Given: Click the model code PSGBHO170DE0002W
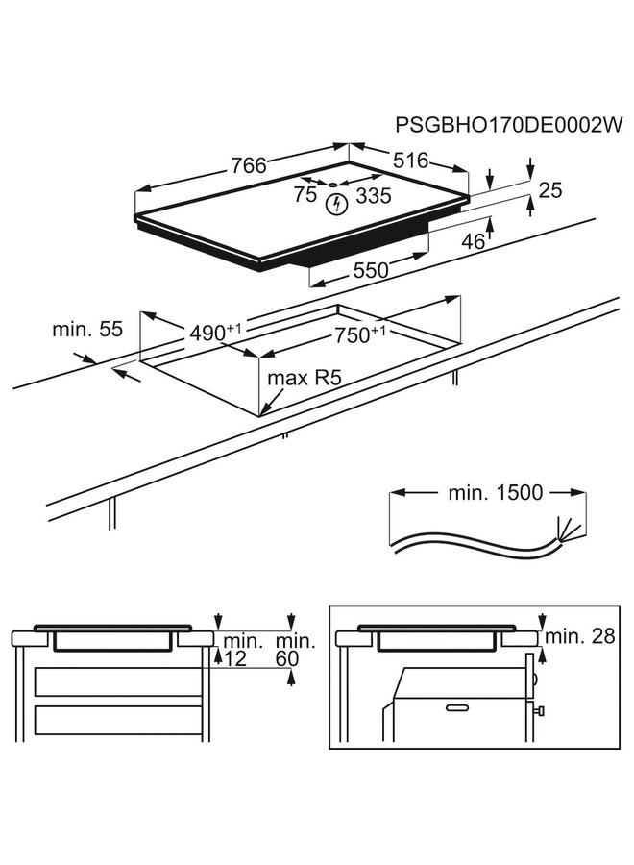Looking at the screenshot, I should click(509, 125).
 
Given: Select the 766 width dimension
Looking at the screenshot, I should click(247, 165).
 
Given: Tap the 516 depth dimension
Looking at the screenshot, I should click(408, 161).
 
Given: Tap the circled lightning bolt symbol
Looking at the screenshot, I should click(336, 204).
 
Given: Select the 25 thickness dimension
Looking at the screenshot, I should click(549, 191).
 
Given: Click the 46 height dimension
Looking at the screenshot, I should click(473, 241).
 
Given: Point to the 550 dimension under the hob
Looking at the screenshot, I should click(370, 271).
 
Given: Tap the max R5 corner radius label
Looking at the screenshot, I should click(305, 378).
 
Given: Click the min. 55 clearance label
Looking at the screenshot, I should click(87, 330).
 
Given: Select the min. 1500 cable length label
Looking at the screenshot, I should click(495, 493).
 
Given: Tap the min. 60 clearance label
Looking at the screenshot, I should click(293, 649).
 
